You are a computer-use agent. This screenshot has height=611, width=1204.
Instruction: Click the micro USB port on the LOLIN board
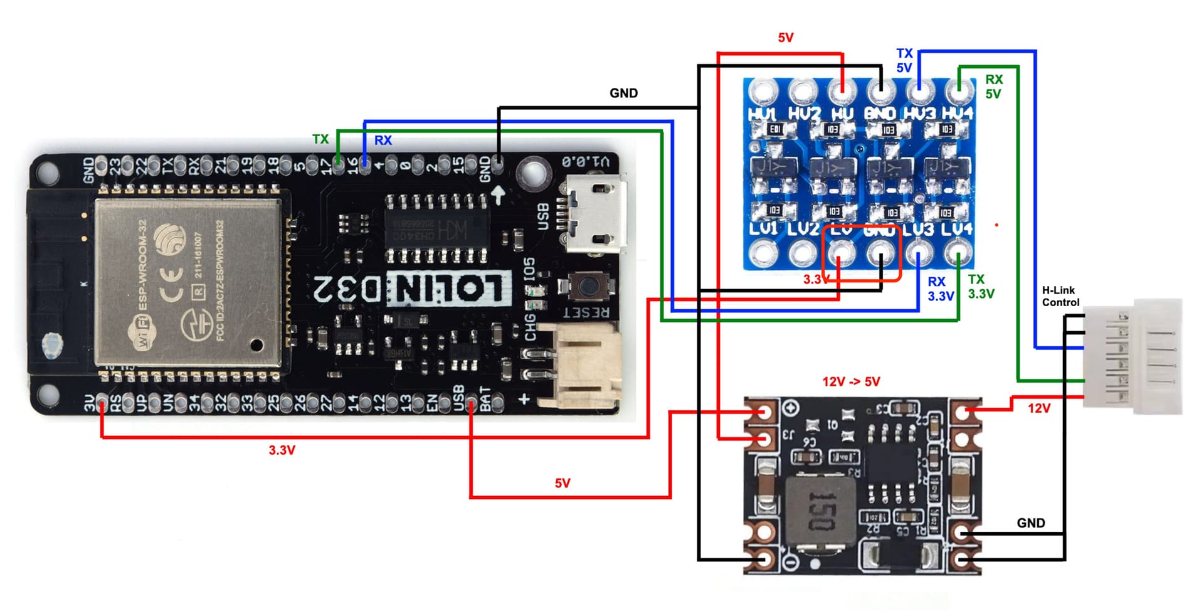596,214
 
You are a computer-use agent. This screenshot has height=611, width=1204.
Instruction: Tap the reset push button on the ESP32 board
588,286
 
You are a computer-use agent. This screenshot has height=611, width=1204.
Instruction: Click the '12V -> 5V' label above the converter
851,381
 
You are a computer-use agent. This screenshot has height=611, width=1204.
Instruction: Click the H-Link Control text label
1060,296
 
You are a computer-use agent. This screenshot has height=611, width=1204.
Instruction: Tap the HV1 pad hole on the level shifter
763,92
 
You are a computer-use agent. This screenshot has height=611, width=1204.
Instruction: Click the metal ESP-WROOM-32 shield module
188,282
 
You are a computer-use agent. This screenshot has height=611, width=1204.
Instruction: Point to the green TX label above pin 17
320,139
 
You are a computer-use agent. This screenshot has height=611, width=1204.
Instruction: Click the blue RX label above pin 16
383,141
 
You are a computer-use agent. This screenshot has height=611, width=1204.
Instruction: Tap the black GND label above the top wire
623,93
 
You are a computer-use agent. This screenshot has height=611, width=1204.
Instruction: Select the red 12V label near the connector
1038,408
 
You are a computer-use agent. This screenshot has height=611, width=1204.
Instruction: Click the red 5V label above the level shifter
786,38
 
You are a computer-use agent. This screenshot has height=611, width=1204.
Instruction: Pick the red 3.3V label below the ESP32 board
282,450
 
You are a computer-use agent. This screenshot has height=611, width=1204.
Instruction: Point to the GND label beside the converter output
1030,523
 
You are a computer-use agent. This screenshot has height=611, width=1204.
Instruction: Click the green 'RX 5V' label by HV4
993,87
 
